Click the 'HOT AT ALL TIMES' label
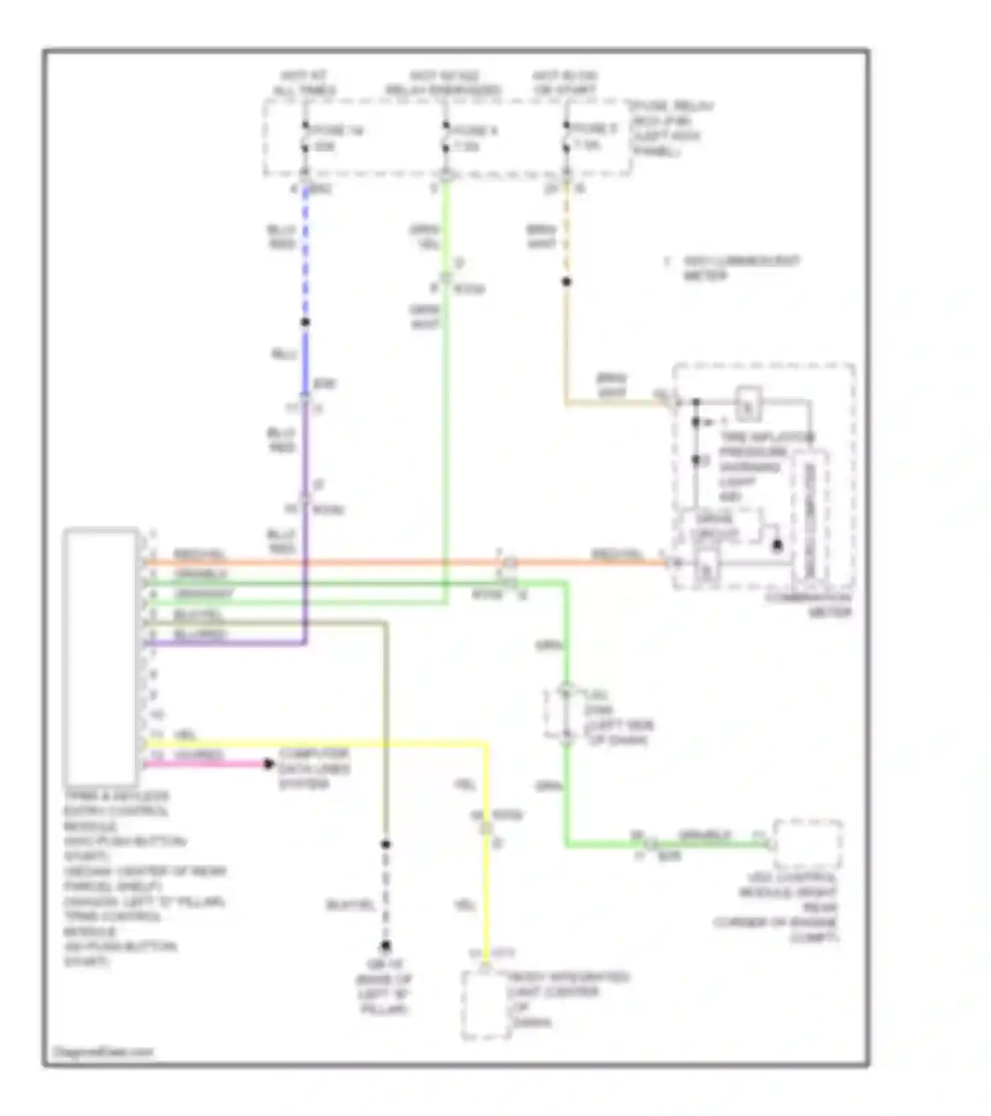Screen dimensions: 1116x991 click(305, 83)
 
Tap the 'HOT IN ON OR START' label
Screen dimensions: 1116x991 click(565, 83)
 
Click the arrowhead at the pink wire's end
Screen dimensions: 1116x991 click(268, 764)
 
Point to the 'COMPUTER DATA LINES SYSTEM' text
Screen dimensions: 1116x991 click(314, 768)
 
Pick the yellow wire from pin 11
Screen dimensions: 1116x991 click(317, 744)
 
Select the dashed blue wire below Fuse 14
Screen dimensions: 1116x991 click(305, 251)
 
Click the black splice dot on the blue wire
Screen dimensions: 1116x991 click(305, 322)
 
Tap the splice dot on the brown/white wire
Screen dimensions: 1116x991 click(566, 282)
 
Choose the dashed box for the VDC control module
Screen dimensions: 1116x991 click(807, 844)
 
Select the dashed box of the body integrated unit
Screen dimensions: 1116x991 click(486, 1004)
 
